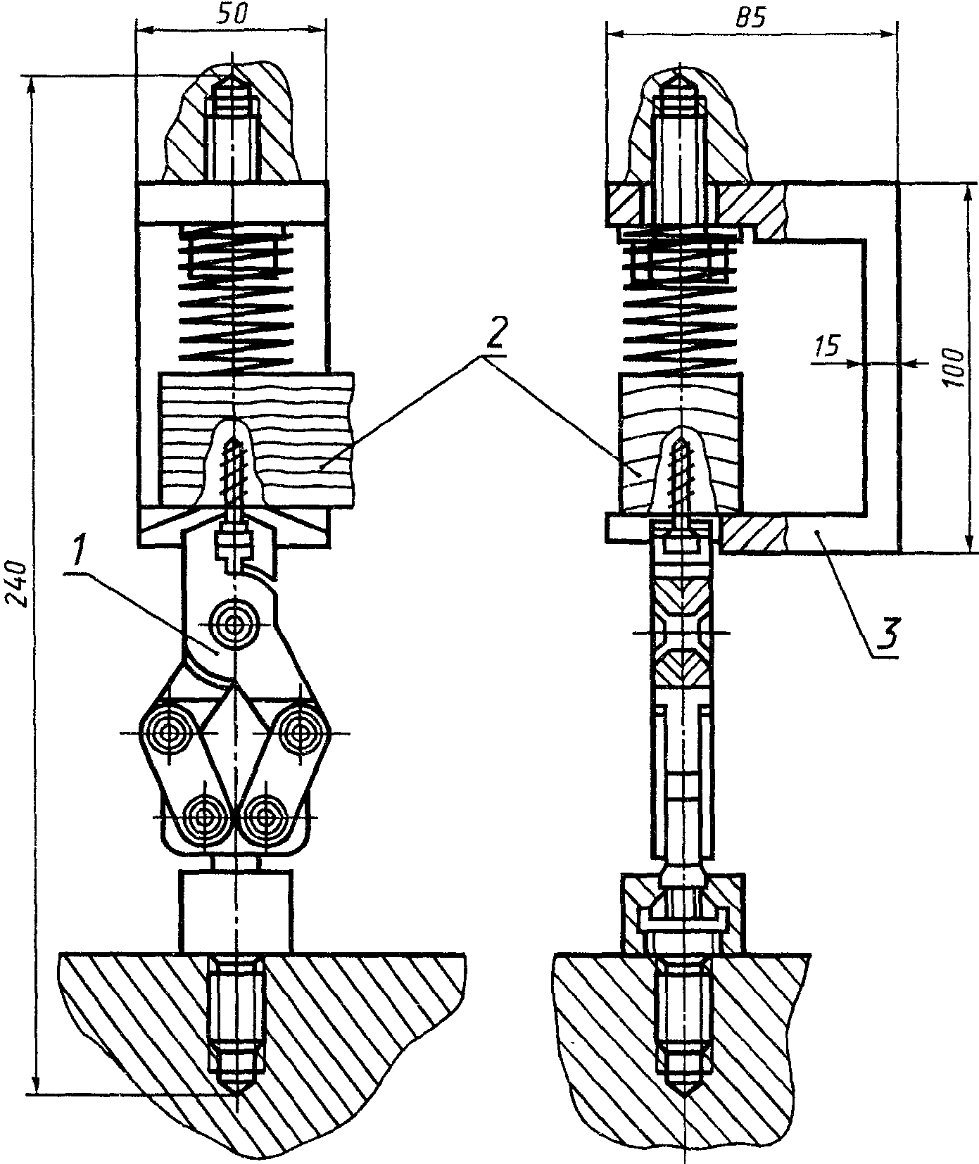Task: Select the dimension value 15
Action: pyautogui.click(x=827, y=346)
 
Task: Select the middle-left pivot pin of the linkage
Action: pyautogui.click(x=169, y=734)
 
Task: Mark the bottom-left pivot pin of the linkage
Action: pyautogui.click(x=203, y=817)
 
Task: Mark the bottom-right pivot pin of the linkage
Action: pyautogui.click(x=265, y=817)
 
